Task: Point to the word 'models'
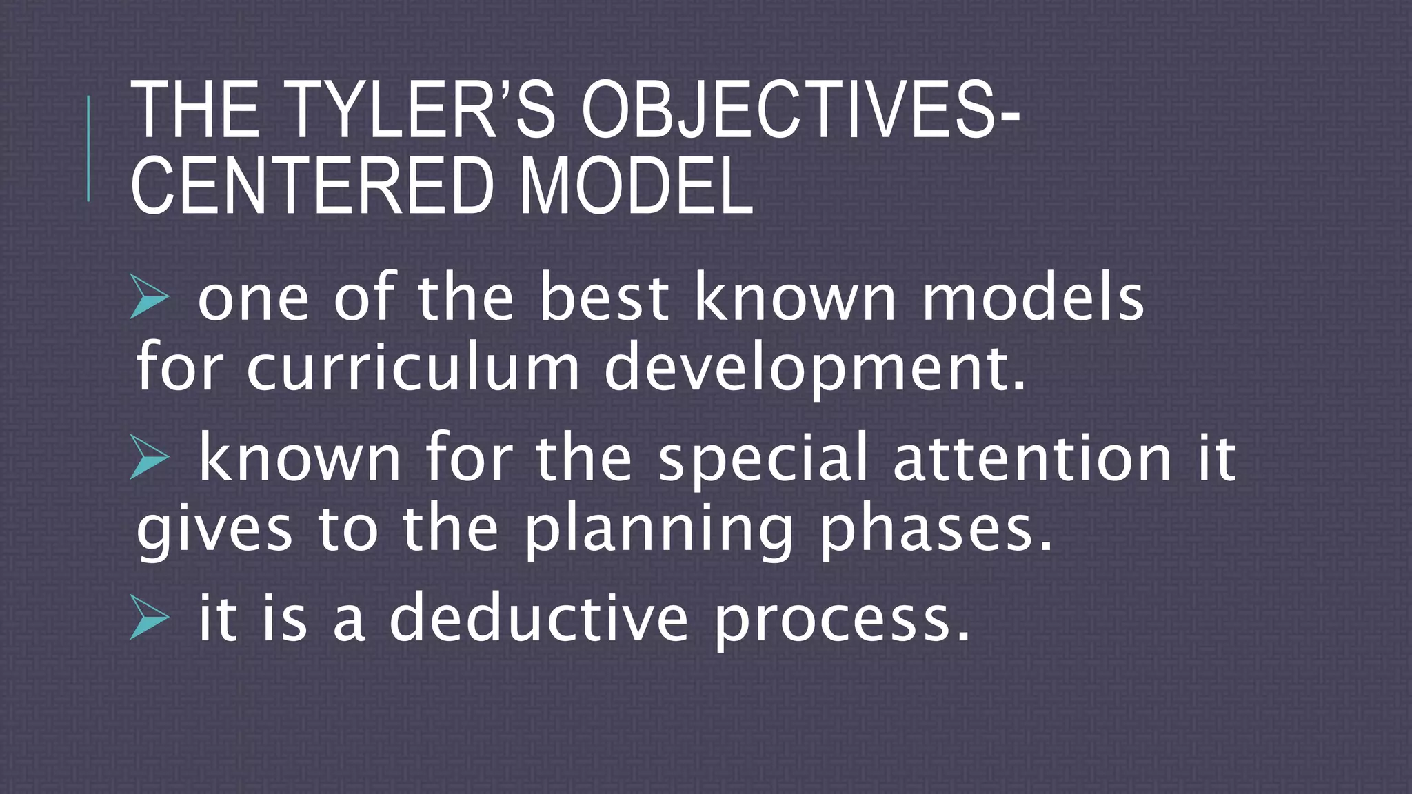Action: coord(1033,298)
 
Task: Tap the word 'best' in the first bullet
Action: coord(603,298)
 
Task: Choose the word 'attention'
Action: coord(1032,458)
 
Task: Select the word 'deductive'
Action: coord(538,618)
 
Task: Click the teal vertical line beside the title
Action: coord(88,149)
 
